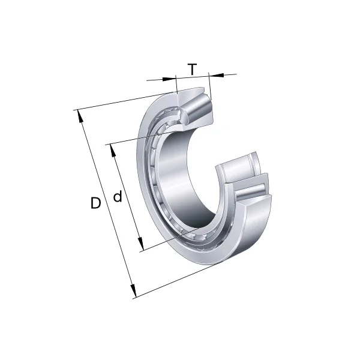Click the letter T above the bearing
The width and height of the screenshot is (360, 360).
pyautogui.click(x=192, y=70)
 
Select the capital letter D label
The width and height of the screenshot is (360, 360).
pyautogui.click(x=95, y=203)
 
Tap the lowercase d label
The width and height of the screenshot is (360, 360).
pyautogui.click(x=118, y=196)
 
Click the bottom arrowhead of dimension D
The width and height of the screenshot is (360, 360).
pyautogui.click(x=133, y=293)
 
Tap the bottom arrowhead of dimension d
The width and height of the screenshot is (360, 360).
pyautogui.click(x=140, y=247)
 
